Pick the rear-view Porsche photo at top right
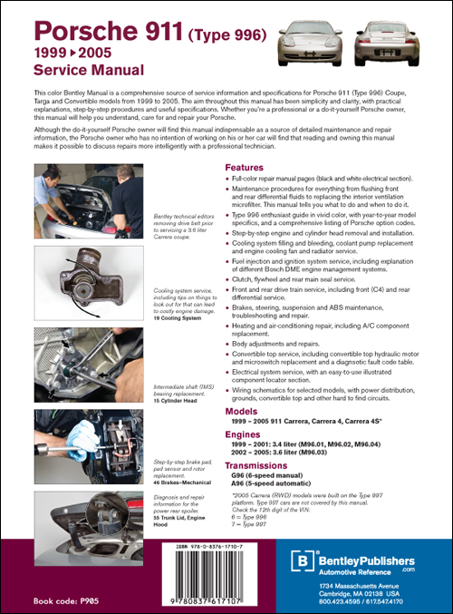[x=410, y=35]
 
